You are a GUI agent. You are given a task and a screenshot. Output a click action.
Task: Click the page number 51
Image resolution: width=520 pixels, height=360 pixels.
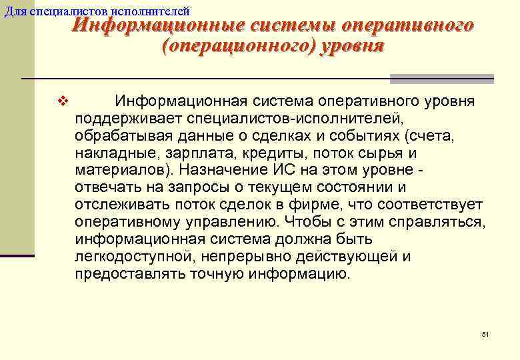point(485,334)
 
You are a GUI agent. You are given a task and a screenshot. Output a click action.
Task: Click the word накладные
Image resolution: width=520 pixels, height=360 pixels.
point(109,153)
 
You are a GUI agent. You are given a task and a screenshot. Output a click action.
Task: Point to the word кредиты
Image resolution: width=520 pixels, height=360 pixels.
point(257,153)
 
